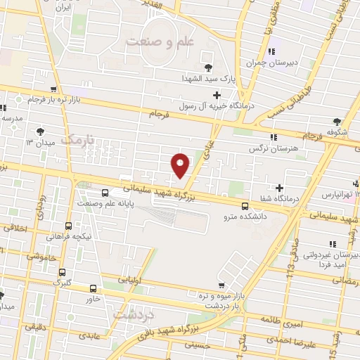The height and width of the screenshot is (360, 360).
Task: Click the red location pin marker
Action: pos(181,165)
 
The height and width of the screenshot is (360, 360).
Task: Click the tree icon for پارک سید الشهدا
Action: pos(209,67)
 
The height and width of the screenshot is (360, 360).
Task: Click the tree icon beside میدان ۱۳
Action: pos(39,131)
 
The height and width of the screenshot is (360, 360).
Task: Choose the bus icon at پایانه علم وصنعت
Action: pos(105,192)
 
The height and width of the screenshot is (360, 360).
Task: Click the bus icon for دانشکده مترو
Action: pos(245,206)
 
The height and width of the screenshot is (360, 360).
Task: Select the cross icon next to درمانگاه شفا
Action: pos(280,188)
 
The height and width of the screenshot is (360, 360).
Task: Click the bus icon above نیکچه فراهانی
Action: pos(68,226)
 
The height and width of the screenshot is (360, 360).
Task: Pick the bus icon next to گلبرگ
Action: pos(62,272)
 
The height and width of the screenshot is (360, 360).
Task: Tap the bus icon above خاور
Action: pos(94,288)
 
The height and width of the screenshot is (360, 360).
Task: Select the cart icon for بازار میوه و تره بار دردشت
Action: pos(221,285)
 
